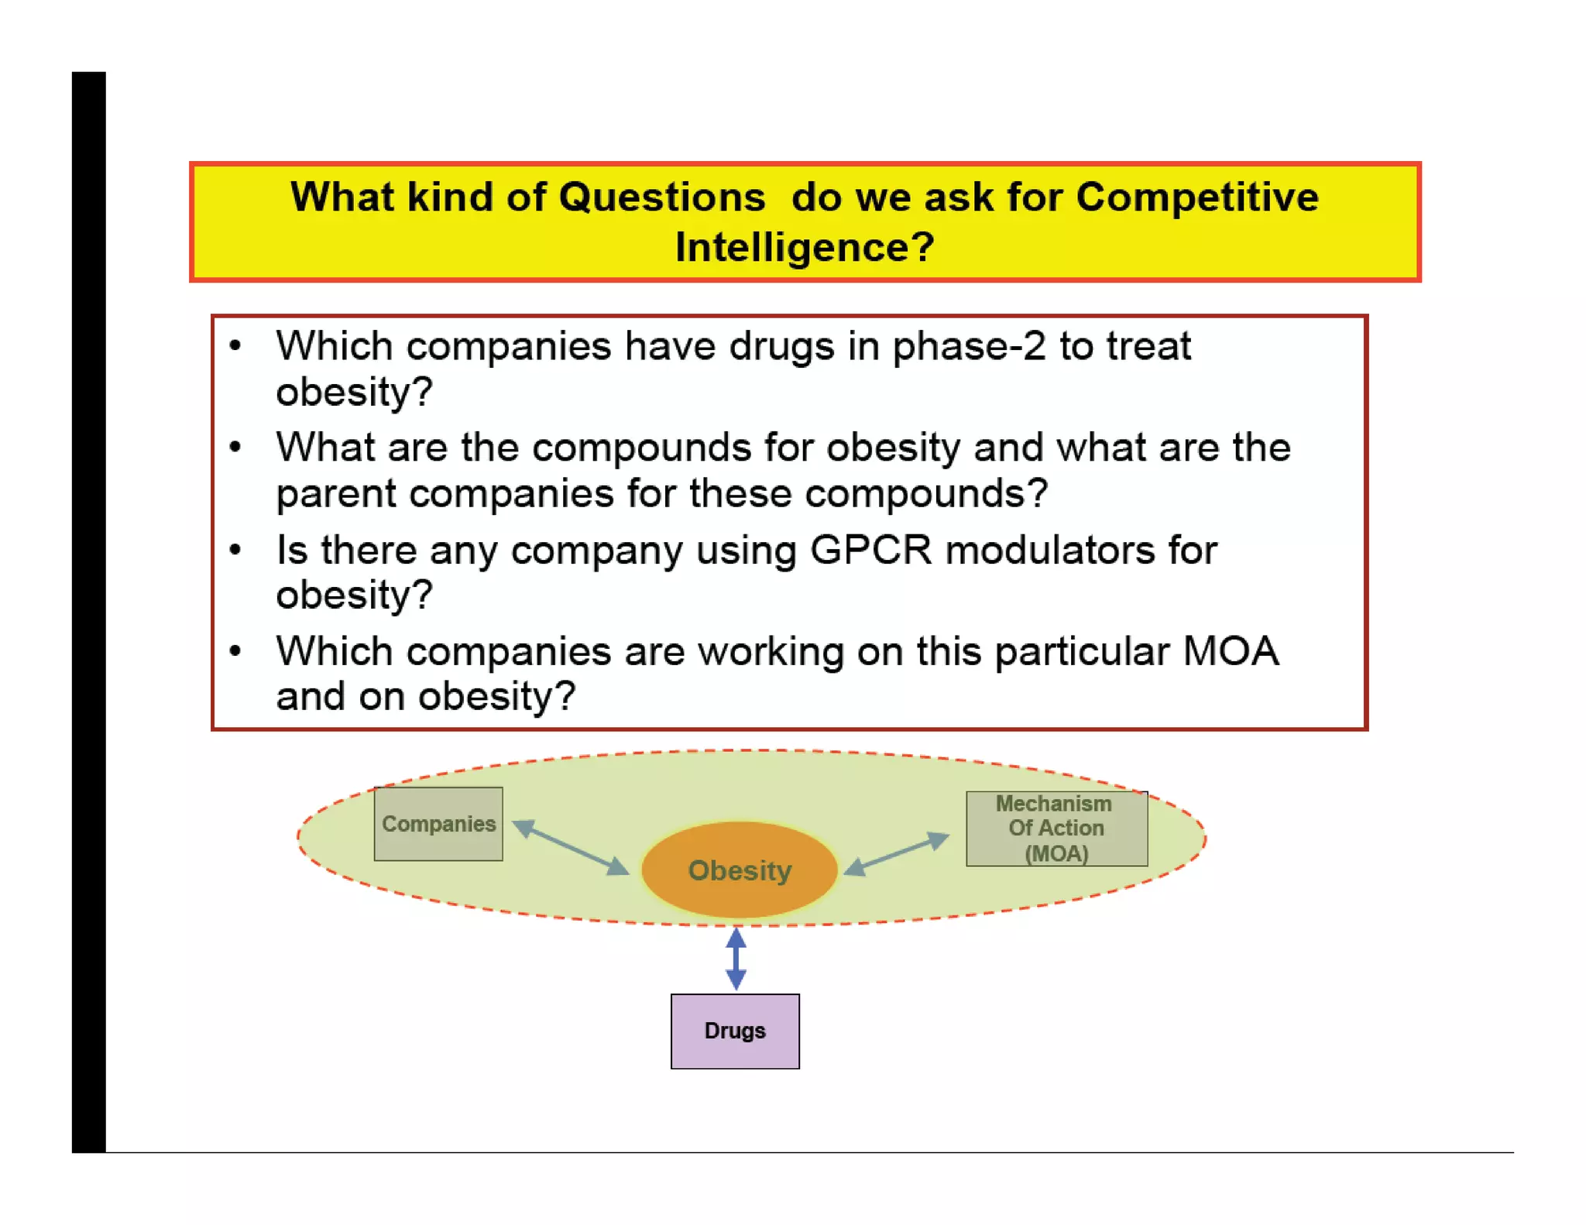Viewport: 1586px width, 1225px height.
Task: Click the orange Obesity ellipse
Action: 739,870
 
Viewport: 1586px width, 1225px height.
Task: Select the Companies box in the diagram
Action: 438,824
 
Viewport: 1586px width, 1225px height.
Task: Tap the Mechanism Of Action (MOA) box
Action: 1056,829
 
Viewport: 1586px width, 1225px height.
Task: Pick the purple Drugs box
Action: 735,1031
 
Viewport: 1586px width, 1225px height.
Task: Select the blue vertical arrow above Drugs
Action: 736,959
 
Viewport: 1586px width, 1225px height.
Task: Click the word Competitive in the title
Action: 1196,197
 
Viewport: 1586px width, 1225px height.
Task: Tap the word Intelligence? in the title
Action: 805,248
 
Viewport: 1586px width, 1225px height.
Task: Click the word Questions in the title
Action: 661,197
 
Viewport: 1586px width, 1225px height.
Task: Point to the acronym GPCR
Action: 870,551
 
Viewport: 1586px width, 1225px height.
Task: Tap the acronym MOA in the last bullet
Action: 1231,651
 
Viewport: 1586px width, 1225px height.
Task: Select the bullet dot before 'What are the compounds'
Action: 235,448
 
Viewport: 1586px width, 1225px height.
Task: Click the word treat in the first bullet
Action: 1148,346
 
